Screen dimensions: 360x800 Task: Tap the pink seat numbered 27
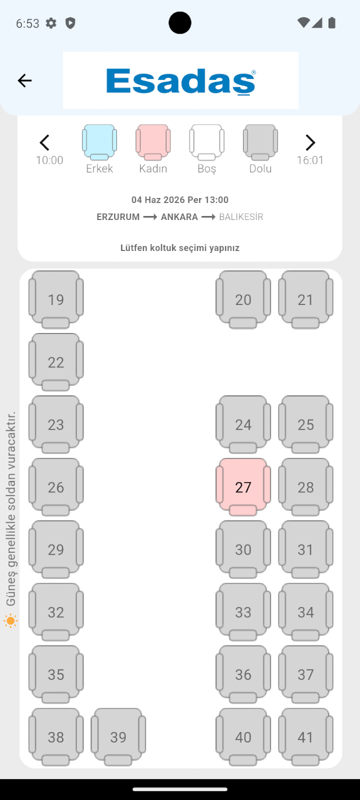tap(243, 487)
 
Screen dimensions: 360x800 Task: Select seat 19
tap(56, 299)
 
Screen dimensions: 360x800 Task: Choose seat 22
tap(56, 362)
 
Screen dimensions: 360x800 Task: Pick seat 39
tap(118, 737)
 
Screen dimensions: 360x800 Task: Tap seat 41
tap(305, 737)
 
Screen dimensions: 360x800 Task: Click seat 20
tap(243, 299)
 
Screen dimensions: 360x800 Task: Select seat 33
tap(243, 612)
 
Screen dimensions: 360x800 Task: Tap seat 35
tap(56, 675)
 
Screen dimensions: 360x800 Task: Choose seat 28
tap(305, 487)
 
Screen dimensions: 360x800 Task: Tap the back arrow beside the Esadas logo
tap(25, 80)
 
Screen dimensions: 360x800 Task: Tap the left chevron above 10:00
tap(44, 143)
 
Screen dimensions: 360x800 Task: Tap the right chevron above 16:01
tap(310, 143)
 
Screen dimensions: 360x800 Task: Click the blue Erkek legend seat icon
tap(100, 142)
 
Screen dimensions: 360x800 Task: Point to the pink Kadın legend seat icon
tap(153, 142)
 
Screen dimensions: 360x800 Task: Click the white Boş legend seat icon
tap(207, 142)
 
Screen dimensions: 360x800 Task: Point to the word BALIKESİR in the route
tap(241, 217)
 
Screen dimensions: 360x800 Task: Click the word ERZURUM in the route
tap(118, 217)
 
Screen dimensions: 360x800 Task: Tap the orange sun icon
tap(11, 621)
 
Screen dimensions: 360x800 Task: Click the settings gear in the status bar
tap(51, 23)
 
